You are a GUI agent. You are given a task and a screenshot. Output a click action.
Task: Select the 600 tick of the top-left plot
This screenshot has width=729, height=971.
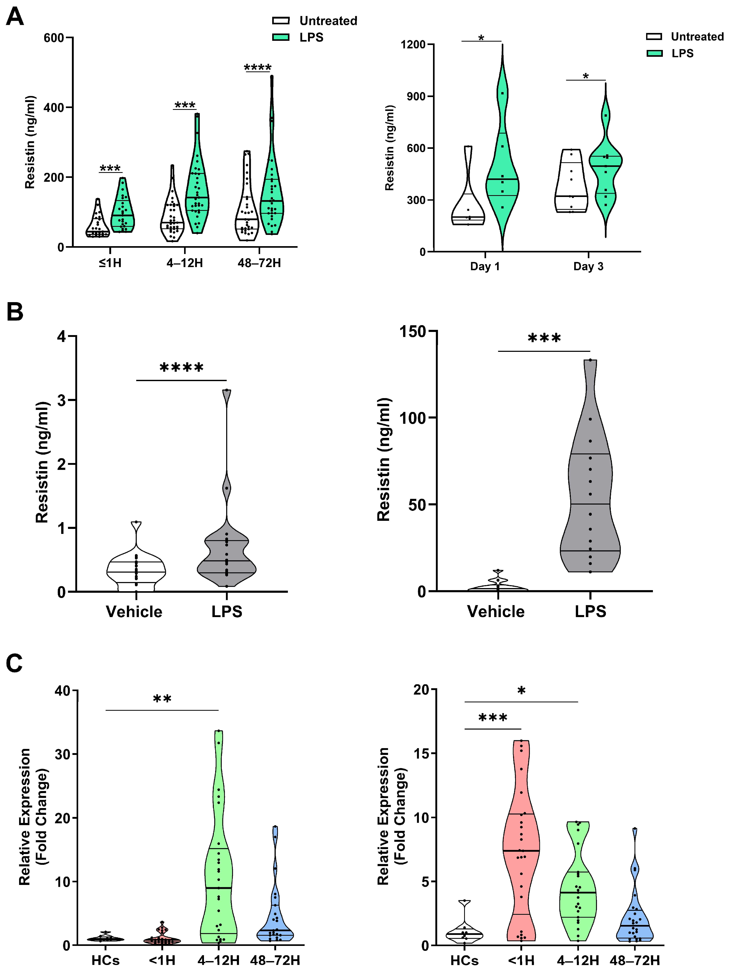[x=54, y=38]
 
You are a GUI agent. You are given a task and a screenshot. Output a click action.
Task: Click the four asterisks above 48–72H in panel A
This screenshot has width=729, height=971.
[x=258, y=67]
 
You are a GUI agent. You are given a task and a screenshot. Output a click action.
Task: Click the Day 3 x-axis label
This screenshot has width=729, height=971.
[x=588, y=267]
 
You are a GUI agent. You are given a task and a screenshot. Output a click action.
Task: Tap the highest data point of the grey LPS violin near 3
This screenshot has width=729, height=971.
[x=226, y=390]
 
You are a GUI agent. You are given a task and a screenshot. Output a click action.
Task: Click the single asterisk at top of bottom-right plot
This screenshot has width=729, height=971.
[x=521, y=691]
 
